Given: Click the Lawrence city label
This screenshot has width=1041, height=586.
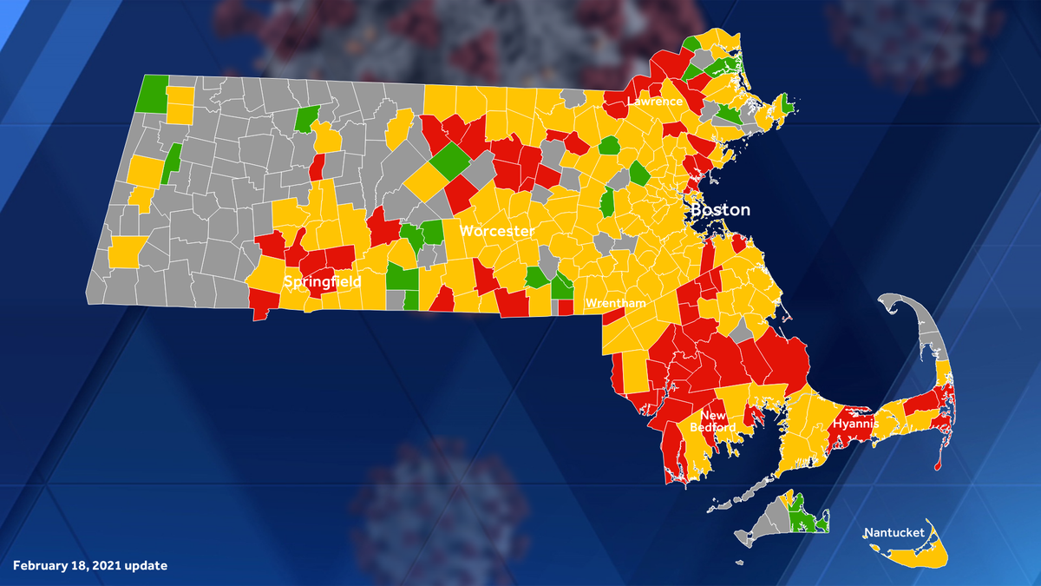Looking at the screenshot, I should [x=656, y=102].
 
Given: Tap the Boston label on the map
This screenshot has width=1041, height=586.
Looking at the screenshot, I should [x=720, y=210].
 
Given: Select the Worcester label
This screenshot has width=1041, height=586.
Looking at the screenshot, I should [x=496, y=231].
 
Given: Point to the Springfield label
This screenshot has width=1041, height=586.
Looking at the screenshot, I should [x=322, y=282].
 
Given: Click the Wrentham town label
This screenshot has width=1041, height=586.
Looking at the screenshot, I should [x=614, y=304].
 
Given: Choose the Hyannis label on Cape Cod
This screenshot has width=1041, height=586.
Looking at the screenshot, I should [x=856, y=424].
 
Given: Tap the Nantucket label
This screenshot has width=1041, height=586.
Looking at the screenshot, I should [x=894, y=532].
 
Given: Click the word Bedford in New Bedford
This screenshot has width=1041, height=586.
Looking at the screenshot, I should [x=713, y=427].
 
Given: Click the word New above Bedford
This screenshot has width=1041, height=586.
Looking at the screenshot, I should [x=713, y=415].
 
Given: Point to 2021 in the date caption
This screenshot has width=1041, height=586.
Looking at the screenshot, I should [x=105, y=566].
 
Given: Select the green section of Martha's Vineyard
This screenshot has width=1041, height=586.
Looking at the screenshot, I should [x=805, y=517].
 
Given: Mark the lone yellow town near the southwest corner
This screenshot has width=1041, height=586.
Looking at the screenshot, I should [x=124, y=252].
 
